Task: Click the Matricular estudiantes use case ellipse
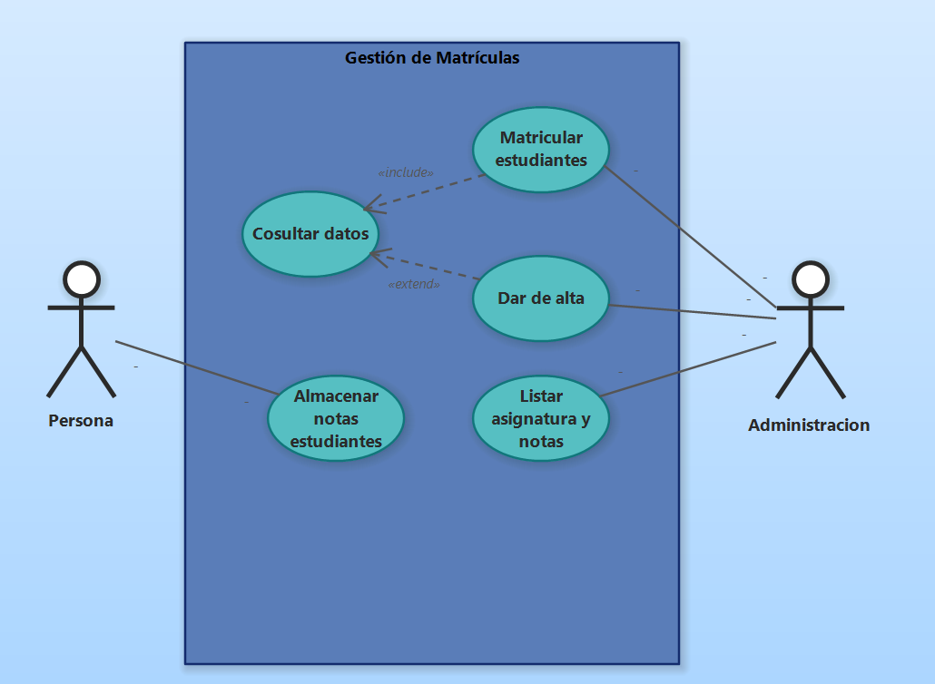click(541, 150)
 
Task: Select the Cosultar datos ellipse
click(310, 234)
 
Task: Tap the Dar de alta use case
click(541, 298)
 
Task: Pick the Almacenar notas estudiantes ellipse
click(336, 418)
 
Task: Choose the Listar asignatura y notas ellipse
click(541, 419)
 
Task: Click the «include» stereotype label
click(405, 172)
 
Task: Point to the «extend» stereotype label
click(414, 284)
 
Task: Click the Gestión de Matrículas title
click(432, 58)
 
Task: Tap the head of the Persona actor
click(81, 280)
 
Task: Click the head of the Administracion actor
click(810, 280)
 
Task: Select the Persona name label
click(81, 421)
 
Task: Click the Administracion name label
click(809, 425)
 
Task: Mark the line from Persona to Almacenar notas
click(195, 367)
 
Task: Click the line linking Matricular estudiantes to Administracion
click(690, 236)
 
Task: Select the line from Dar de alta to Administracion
click(690, 311)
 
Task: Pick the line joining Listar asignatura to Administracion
click(690, 369)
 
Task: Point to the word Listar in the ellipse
click(541, 396)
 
